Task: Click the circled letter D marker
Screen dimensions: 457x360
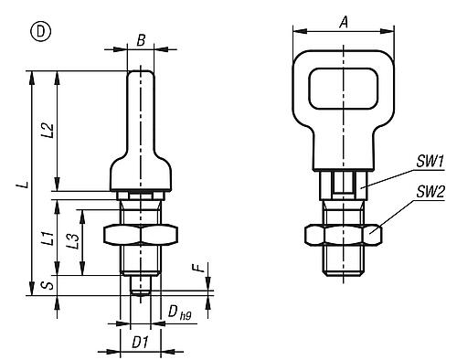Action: pos(40,32)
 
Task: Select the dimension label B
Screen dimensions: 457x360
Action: pos(141,40)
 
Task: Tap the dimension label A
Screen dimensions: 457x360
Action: pos(344,23)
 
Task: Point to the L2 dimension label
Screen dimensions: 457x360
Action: pos(48,131)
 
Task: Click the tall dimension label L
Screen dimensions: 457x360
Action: pos(27,185)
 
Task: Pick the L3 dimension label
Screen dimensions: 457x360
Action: pos(74,241)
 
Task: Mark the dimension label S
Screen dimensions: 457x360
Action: pos(48,285)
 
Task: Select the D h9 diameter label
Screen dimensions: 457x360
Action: pos(179,312)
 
